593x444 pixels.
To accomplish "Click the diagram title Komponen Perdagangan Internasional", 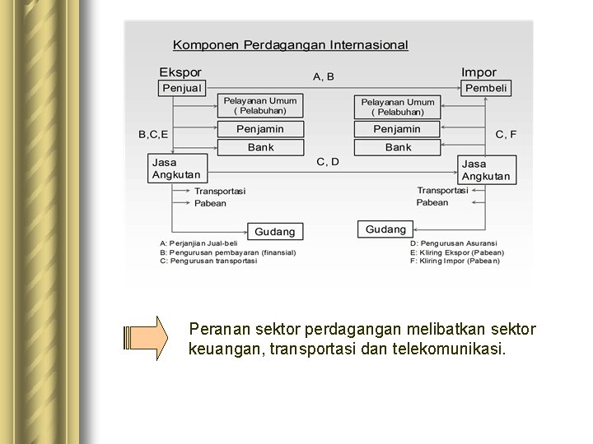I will (x=290, y=45).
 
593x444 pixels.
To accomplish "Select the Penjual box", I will (x=181, y=88).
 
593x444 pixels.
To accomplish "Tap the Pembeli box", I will (x=486, y=88).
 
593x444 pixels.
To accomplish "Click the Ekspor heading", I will (x=180, y=72).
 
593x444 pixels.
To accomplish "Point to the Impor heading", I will (x=479, y=72).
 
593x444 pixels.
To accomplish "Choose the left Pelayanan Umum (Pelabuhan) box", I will (x=259, y=105).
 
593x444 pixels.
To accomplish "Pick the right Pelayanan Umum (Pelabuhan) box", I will (x=398, y=107).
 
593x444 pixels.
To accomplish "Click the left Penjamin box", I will (x=259, y=129).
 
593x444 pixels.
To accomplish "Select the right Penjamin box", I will (x=398, y=129).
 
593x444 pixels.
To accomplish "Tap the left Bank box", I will (x=259, y=147).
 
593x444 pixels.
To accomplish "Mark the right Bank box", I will (x=398, y=147).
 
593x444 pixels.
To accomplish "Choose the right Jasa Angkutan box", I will (x=486, y=170).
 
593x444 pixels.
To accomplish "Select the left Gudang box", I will (x=274, y=232).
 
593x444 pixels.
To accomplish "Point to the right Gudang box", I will (x=385, y=229).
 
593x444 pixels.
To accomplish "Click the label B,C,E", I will (x=153, y=134).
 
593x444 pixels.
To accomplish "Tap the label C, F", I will (x=506, y=134).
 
